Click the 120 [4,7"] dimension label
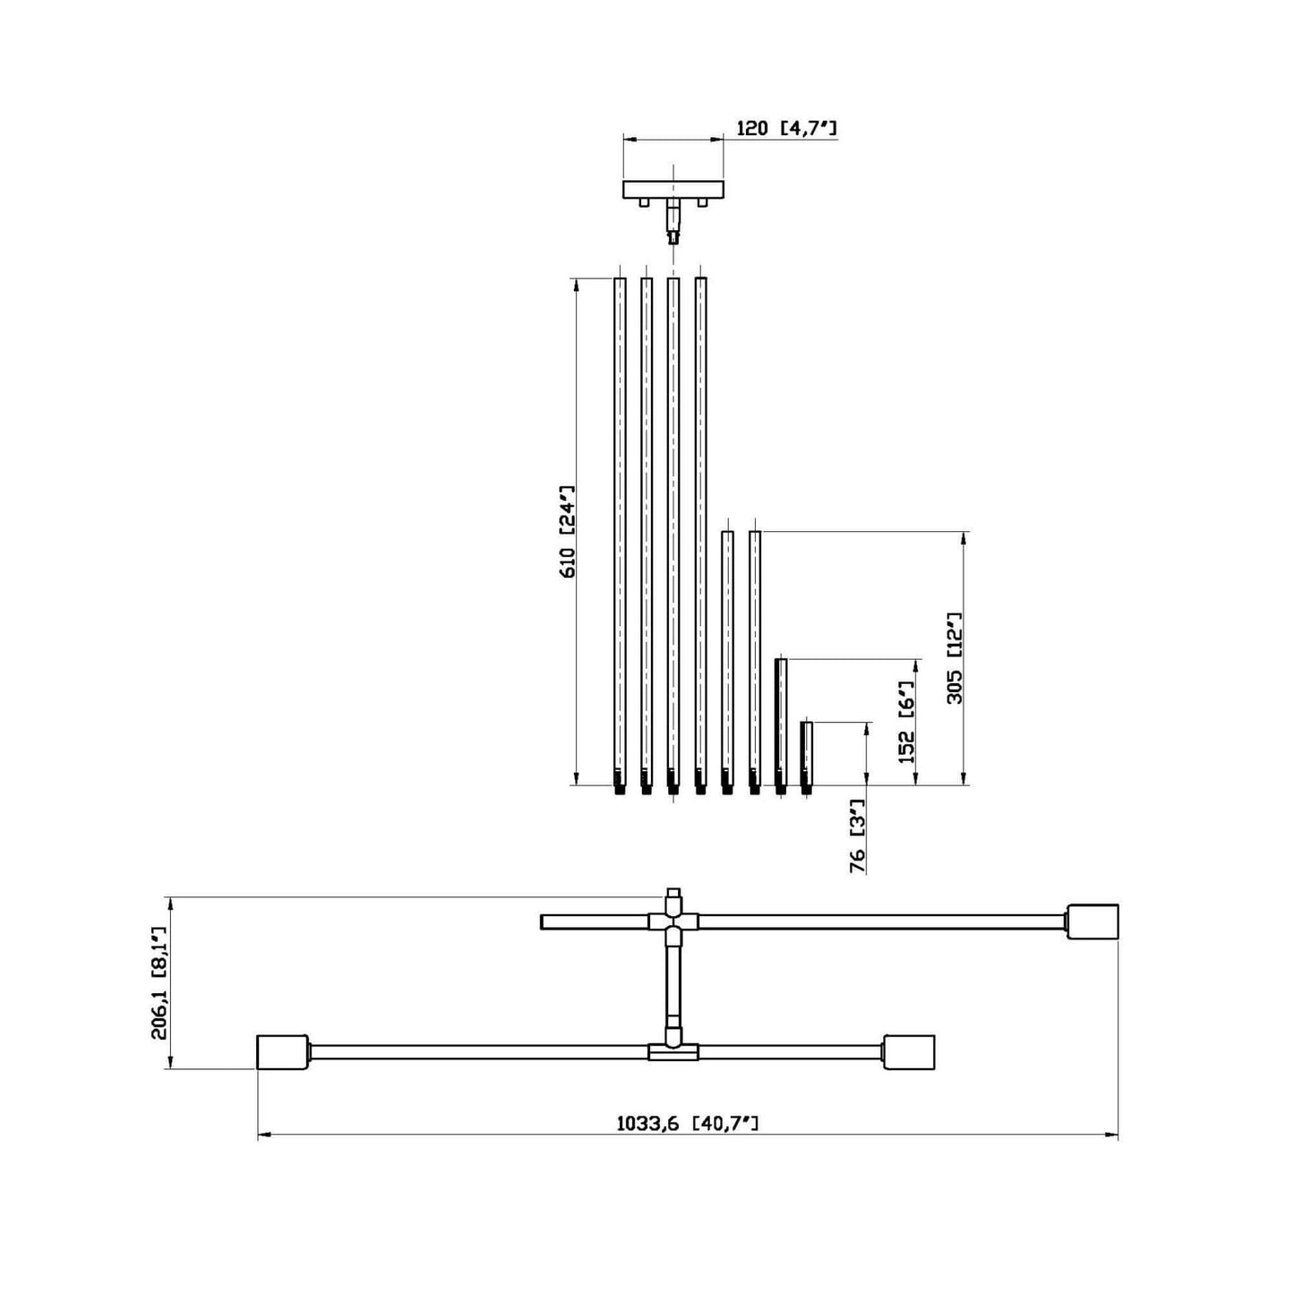pos(786,127)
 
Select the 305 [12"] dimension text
pos(954,657)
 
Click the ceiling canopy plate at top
pos(673,189)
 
